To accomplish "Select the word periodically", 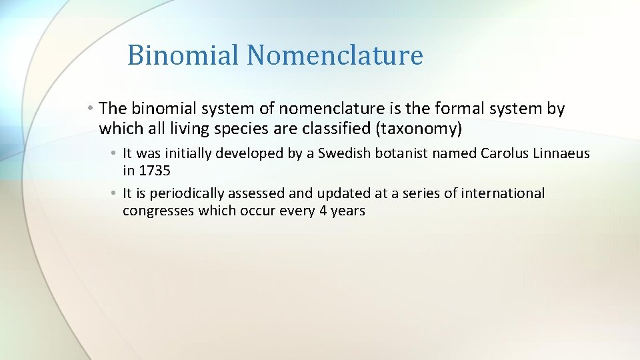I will click(187, 193).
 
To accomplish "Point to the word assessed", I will click(255, 193).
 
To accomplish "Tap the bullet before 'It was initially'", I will click(115, 153).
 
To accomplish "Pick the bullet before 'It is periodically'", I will click(115, 193).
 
